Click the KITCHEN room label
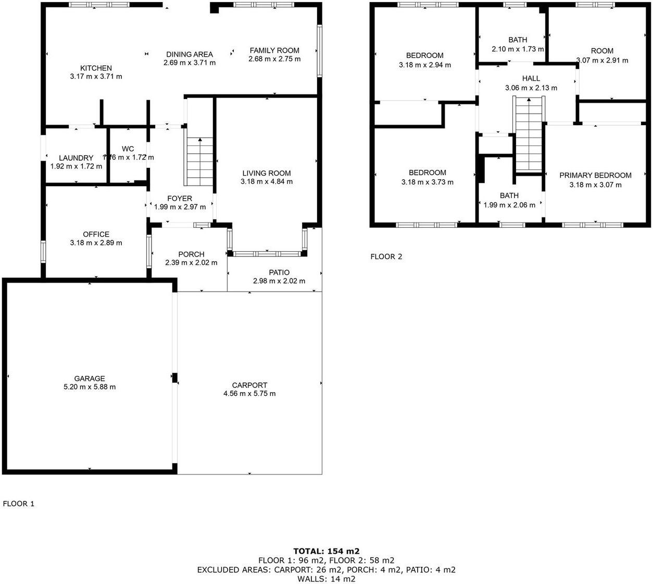pyautogui.click(x=96, y=68)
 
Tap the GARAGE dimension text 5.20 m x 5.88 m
pyautogui.click(x=90, y=387)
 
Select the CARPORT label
pyautogui.click(x=249, y=385)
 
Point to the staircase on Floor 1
pyautogui.click(x=199, y=162)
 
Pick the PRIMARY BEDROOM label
pyautogui.click(x=595, y=176)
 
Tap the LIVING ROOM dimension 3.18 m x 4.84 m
pyautogui.click(x=267, y=181)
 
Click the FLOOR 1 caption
pyautogui.click(x=19, y=504)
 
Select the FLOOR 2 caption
pyautogui.click(x=386, y=257)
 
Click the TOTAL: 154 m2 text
pyautogui.click(x=326, y=551)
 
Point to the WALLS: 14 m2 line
pyautogui.click(x=326, y=579)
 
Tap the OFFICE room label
pyautogui.click(x=96, y=235)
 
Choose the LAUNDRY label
pyautogui.click(x=76, y=158)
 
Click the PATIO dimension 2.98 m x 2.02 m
pyautogui.click(x=279, y=281)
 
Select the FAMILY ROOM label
pyautogui.click(x=274, y=51)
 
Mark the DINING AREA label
pyautogui.click(x=190, y=54)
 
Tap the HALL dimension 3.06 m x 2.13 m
pyautogui.click(x=531, y=88)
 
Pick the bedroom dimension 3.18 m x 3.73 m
pyautogui.click(x=428, y=182)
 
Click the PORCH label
pyautogui.click(x=191, y=254)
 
